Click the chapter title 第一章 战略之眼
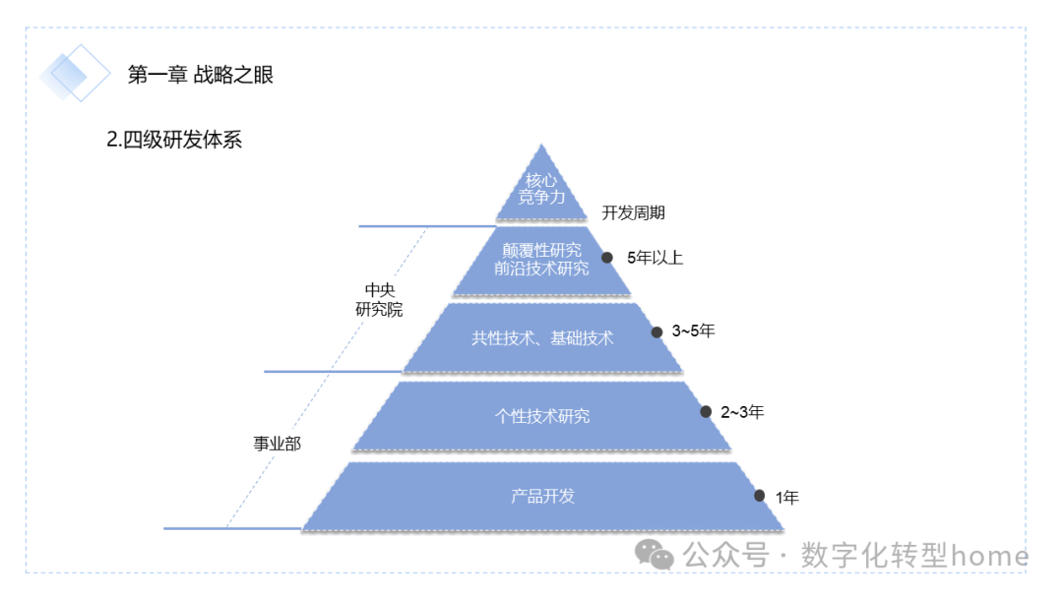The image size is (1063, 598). point(201,75)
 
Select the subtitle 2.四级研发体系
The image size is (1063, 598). point(174,140)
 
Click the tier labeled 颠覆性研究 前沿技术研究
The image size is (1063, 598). point(542,260)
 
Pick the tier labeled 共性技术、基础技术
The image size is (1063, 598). point(542,338)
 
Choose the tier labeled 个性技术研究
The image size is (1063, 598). point(542,416)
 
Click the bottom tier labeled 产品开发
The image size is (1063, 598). point(542,496)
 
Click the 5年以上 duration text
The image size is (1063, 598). point(655,258)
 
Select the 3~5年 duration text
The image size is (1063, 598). point(693,330)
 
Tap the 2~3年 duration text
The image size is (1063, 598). point(742,412)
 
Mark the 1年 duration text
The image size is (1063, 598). point(787,498)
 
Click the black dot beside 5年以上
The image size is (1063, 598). point(607,258)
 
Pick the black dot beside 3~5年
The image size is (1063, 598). point(657,332)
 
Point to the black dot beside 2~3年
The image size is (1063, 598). point(706,412)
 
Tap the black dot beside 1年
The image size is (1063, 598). point(759,496)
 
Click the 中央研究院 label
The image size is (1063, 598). point(379,299)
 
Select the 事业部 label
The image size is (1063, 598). point(277,444)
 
